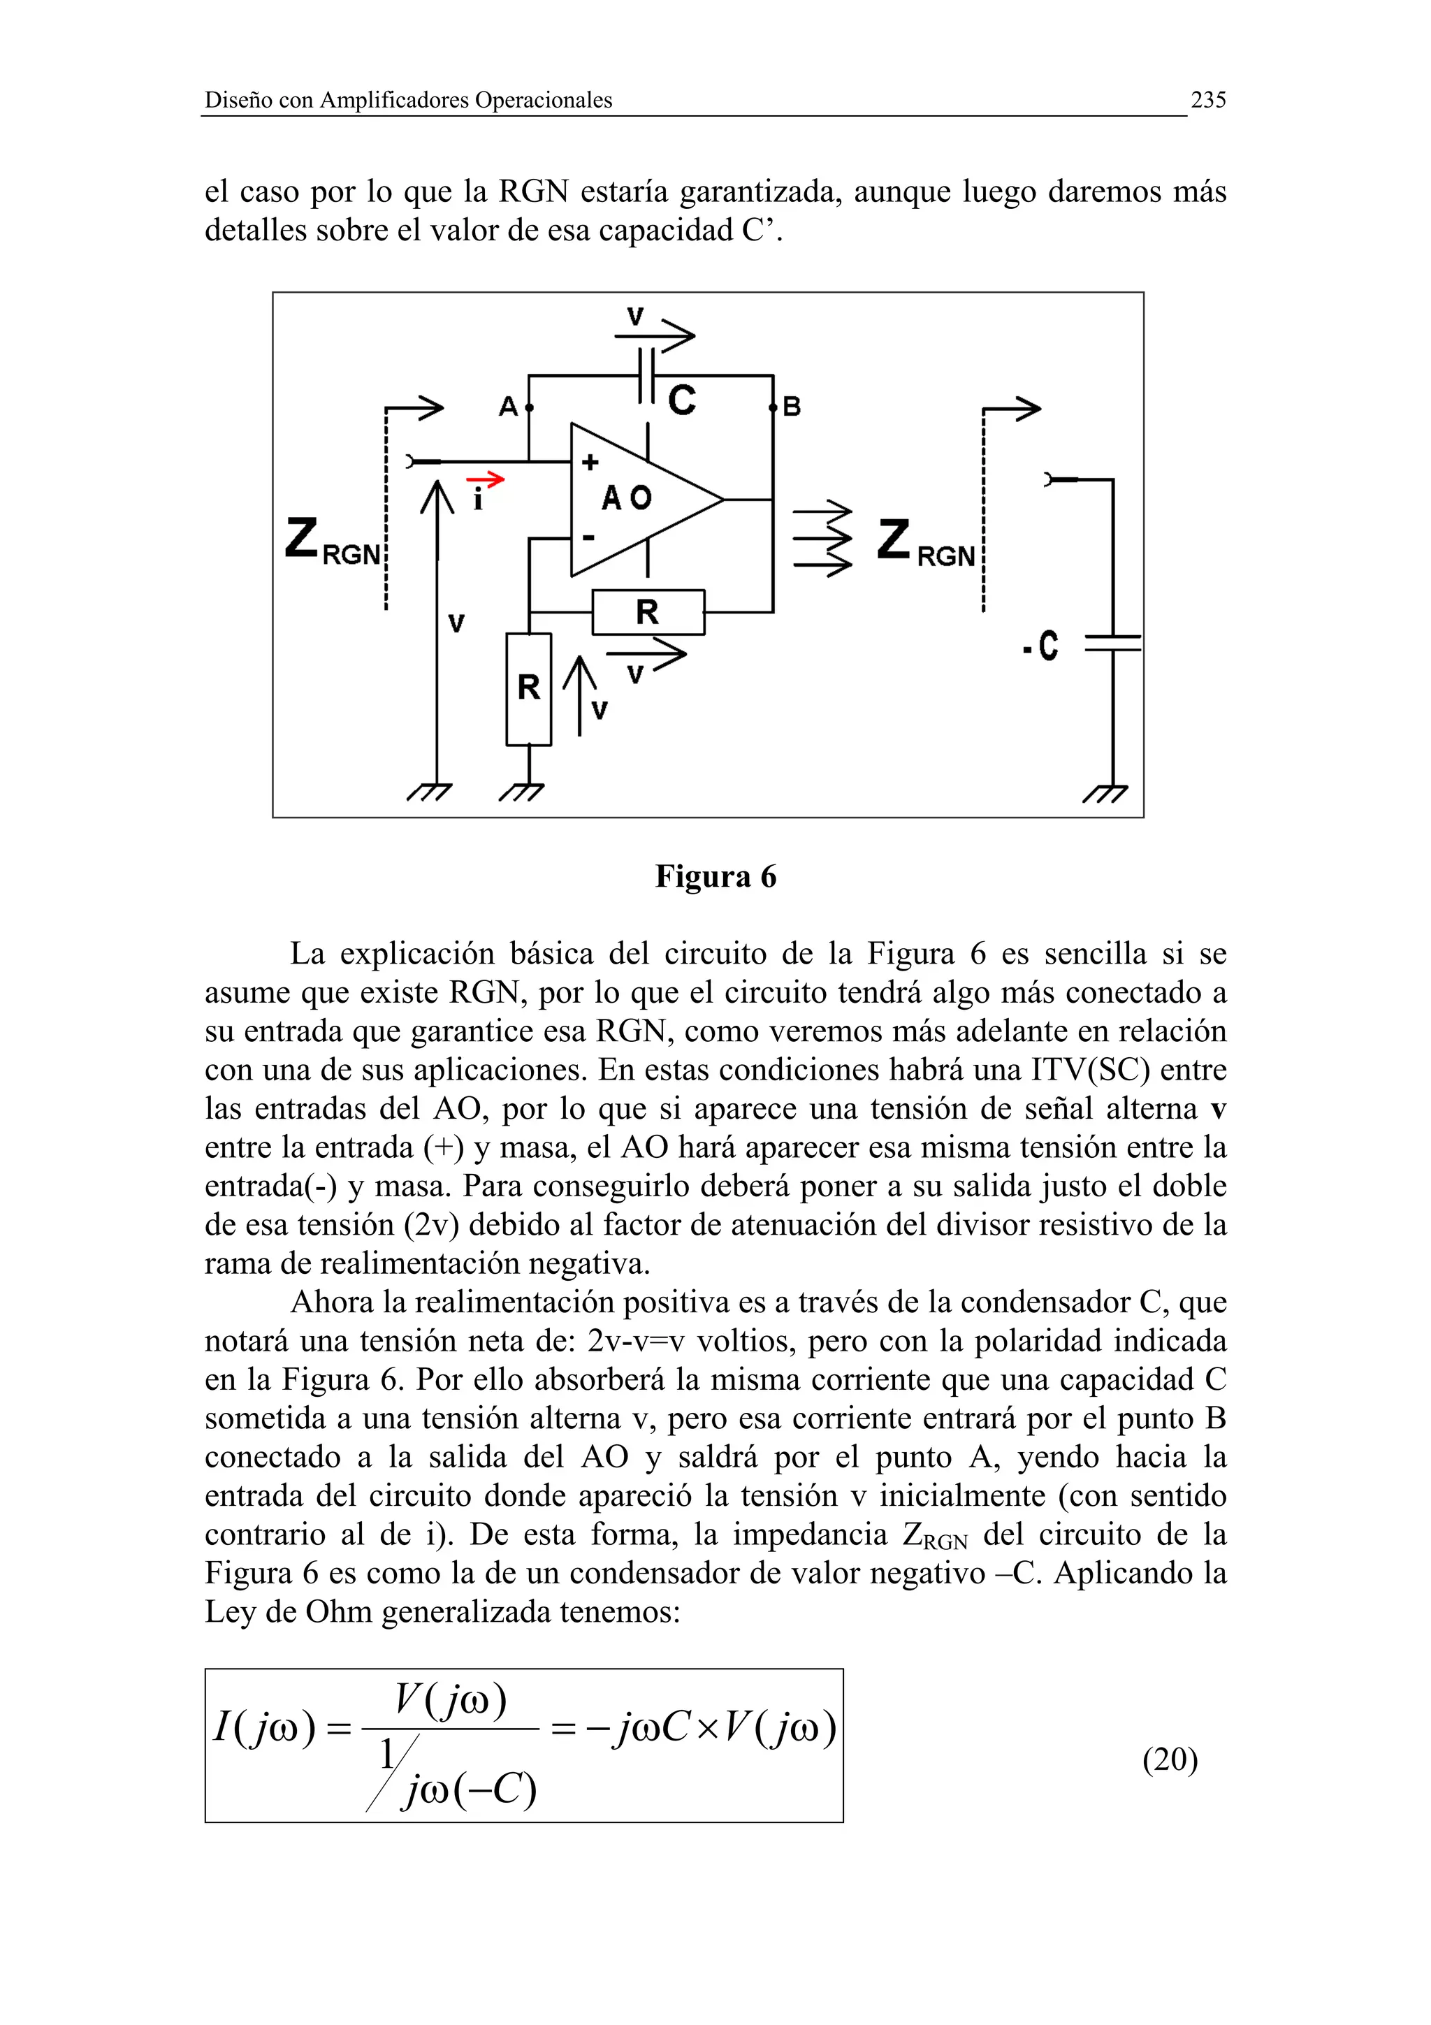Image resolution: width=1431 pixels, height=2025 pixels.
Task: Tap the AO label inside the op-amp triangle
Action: (x=627, y=498)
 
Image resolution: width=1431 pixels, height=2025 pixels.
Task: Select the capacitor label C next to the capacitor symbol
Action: (x=681, y=400)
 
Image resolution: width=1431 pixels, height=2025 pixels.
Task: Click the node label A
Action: (x=508, y=407)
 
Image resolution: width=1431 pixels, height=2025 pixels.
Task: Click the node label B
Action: (x=792, y=407)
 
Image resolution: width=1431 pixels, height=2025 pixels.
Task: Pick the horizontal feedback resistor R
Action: (x=648, y=612)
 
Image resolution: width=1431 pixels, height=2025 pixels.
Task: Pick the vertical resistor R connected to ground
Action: (x=528, y=688)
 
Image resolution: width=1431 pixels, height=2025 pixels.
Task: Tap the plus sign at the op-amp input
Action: (x=590, y=461)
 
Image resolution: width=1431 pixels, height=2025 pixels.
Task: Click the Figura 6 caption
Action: (x=715, y=877)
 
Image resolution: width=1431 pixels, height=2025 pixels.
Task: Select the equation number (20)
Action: (x=1169, y=1759)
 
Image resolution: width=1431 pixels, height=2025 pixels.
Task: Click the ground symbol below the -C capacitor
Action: (x=1105, y=794)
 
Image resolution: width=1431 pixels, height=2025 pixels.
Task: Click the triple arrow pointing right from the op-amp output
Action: (x=822, y=538)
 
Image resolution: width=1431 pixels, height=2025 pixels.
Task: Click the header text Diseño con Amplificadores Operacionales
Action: (x=408, y=101)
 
